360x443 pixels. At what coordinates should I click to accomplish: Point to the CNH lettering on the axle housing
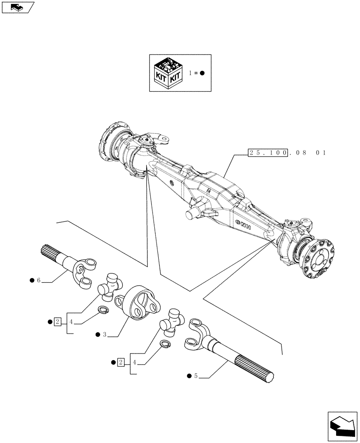[x=243, y=225]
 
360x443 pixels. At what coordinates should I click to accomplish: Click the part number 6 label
[x=39, y=280]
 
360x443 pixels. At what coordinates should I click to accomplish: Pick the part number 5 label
[x=195, y=376]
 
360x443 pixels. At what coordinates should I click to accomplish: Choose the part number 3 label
[x=104, y=335]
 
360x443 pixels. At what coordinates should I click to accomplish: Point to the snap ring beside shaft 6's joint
[x=103, y=311]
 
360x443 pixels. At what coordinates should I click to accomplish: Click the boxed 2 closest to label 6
[x=58, y=321]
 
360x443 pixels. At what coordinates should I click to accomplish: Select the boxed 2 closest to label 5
[x=121, y=363]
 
